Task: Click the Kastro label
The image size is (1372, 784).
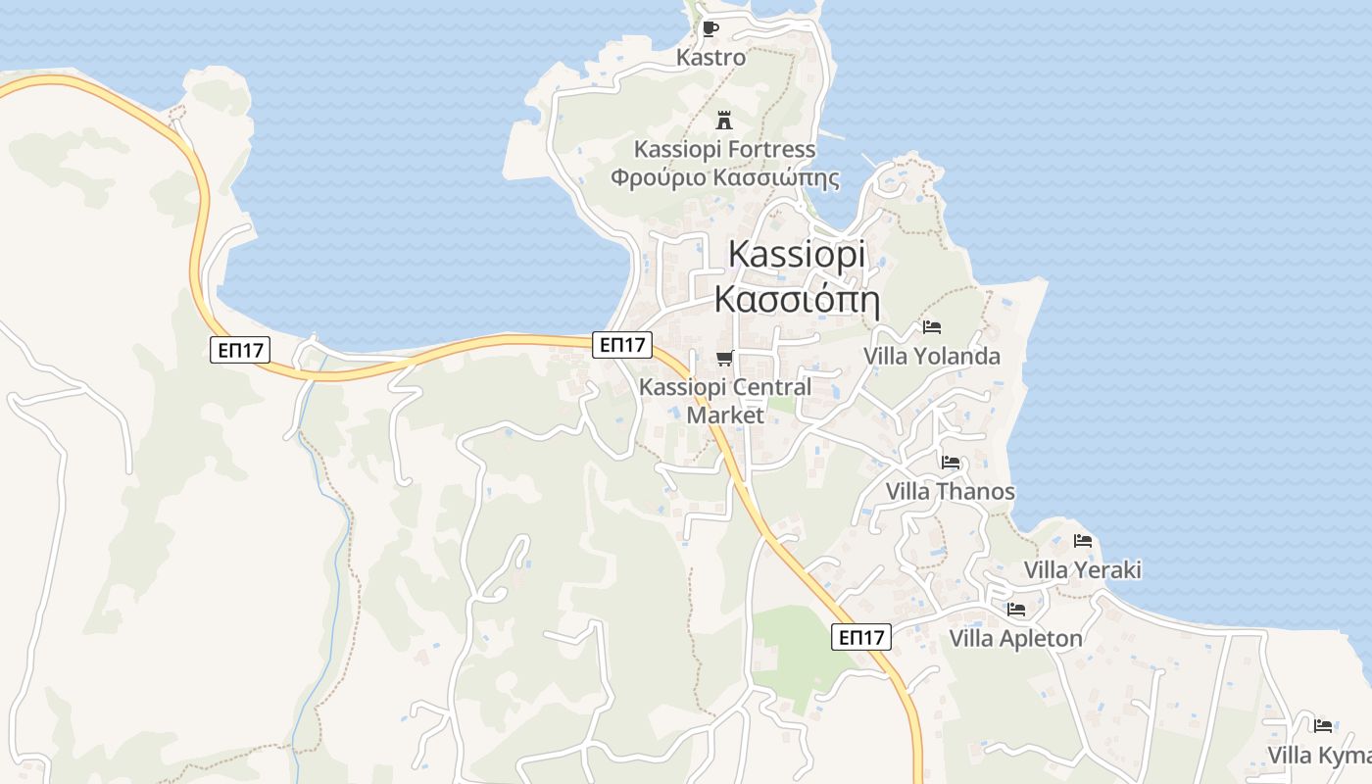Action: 710,58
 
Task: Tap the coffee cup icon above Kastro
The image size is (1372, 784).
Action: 710,28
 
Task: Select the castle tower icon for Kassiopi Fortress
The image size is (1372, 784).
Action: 724,121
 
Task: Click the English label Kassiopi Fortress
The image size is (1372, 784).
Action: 724,150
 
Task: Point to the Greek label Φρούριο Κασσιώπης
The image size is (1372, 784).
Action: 724,178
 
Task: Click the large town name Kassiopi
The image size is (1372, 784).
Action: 797,255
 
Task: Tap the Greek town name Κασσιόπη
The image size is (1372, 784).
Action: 796,298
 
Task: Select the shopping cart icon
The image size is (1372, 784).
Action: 724,358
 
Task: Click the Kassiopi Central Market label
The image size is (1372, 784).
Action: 724,400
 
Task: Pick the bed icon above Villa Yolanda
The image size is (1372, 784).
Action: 931,327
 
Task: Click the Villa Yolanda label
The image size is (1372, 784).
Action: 931,357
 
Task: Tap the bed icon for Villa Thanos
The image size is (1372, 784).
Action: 950,463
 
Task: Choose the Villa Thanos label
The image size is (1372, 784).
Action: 950,492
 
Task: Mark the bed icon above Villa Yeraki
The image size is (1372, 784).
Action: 1082,541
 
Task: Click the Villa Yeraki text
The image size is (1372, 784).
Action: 1082,570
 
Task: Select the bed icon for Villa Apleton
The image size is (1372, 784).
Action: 1015,610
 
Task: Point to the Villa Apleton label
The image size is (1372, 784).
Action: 1015,639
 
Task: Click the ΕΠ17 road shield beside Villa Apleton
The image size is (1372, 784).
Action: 862,638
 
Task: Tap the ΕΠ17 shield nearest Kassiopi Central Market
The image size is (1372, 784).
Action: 622,345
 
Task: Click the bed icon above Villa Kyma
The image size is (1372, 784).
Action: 1323,726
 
